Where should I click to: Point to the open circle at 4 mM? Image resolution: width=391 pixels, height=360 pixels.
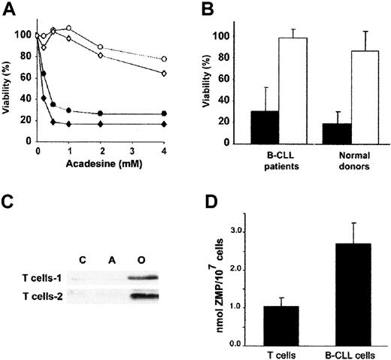pyautogui.click(x=185, y=59)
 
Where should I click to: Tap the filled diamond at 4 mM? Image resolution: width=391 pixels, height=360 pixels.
pyautogui.click(x=185, y=124)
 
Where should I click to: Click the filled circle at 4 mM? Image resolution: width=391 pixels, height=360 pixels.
pyautogui.click(x=185, y=113)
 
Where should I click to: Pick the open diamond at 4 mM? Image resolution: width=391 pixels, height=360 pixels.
pyautogui.click(x=185, y=73)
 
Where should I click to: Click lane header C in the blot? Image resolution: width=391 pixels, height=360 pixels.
pyautogui.click(x=84, y=262)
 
